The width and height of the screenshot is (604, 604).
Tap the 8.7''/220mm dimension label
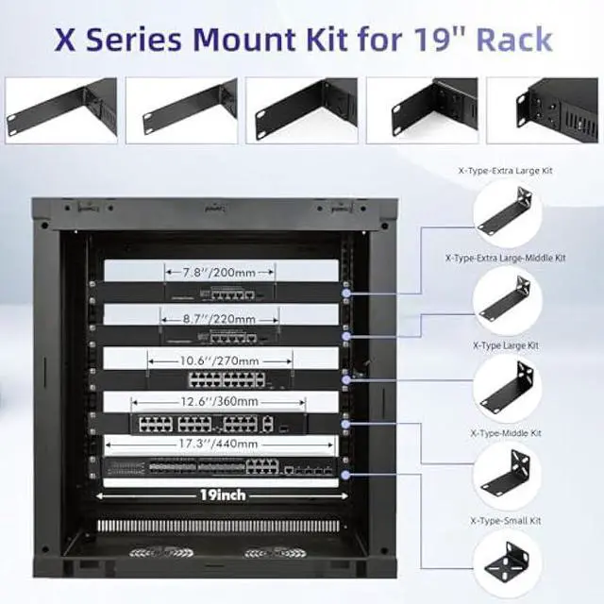click(220, 319)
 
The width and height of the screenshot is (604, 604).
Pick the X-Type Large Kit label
click(506, 345)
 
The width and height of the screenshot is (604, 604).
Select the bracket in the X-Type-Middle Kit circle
click(508, 478)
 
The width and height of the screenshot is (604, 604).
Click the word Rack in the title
click(513, 41)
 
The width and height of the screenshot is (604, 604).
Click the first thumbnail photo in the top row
click(60, 109)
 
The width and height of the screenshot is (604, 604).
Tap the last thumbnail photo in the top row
click(555, 109)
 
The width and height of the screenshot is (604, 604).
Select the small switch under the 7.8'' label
click(218, 293)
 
